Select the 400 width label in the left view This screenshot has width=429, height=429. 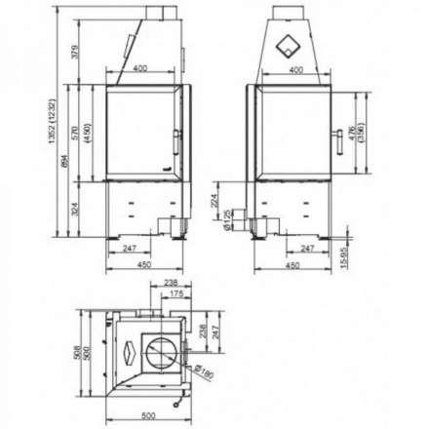click(x=142, y=69)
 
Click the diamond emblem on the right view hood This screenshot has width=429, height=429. click(x=291, y=44)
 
